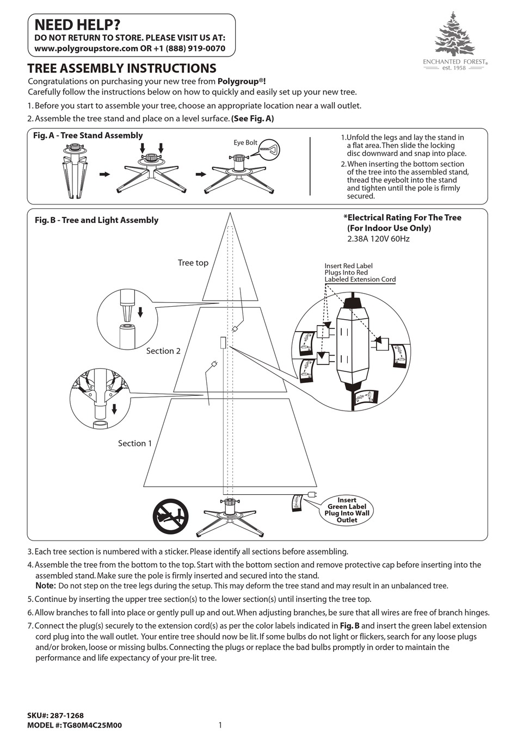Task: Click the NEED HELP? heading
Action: tap(77, 24)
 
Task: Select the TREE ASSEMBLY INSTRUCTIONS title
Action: tap(122, 69)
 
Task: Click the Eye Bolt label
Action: tap(245, 142)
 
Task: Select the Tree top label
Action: tap(193, 263)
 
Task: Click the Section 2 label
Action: tap(163, 351)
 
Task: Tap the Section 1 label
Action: tap(135, 443)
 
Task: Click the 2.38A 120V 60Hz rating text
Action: tap(378, 239)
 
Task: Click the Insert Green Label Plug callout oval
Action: tap(347, 510)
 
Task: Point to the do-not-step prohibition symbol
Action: tap(170, 517)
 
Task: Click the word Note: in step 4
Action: tap(46, 586)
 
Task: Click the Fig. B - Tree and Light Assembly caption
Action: tap(96, 220)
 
